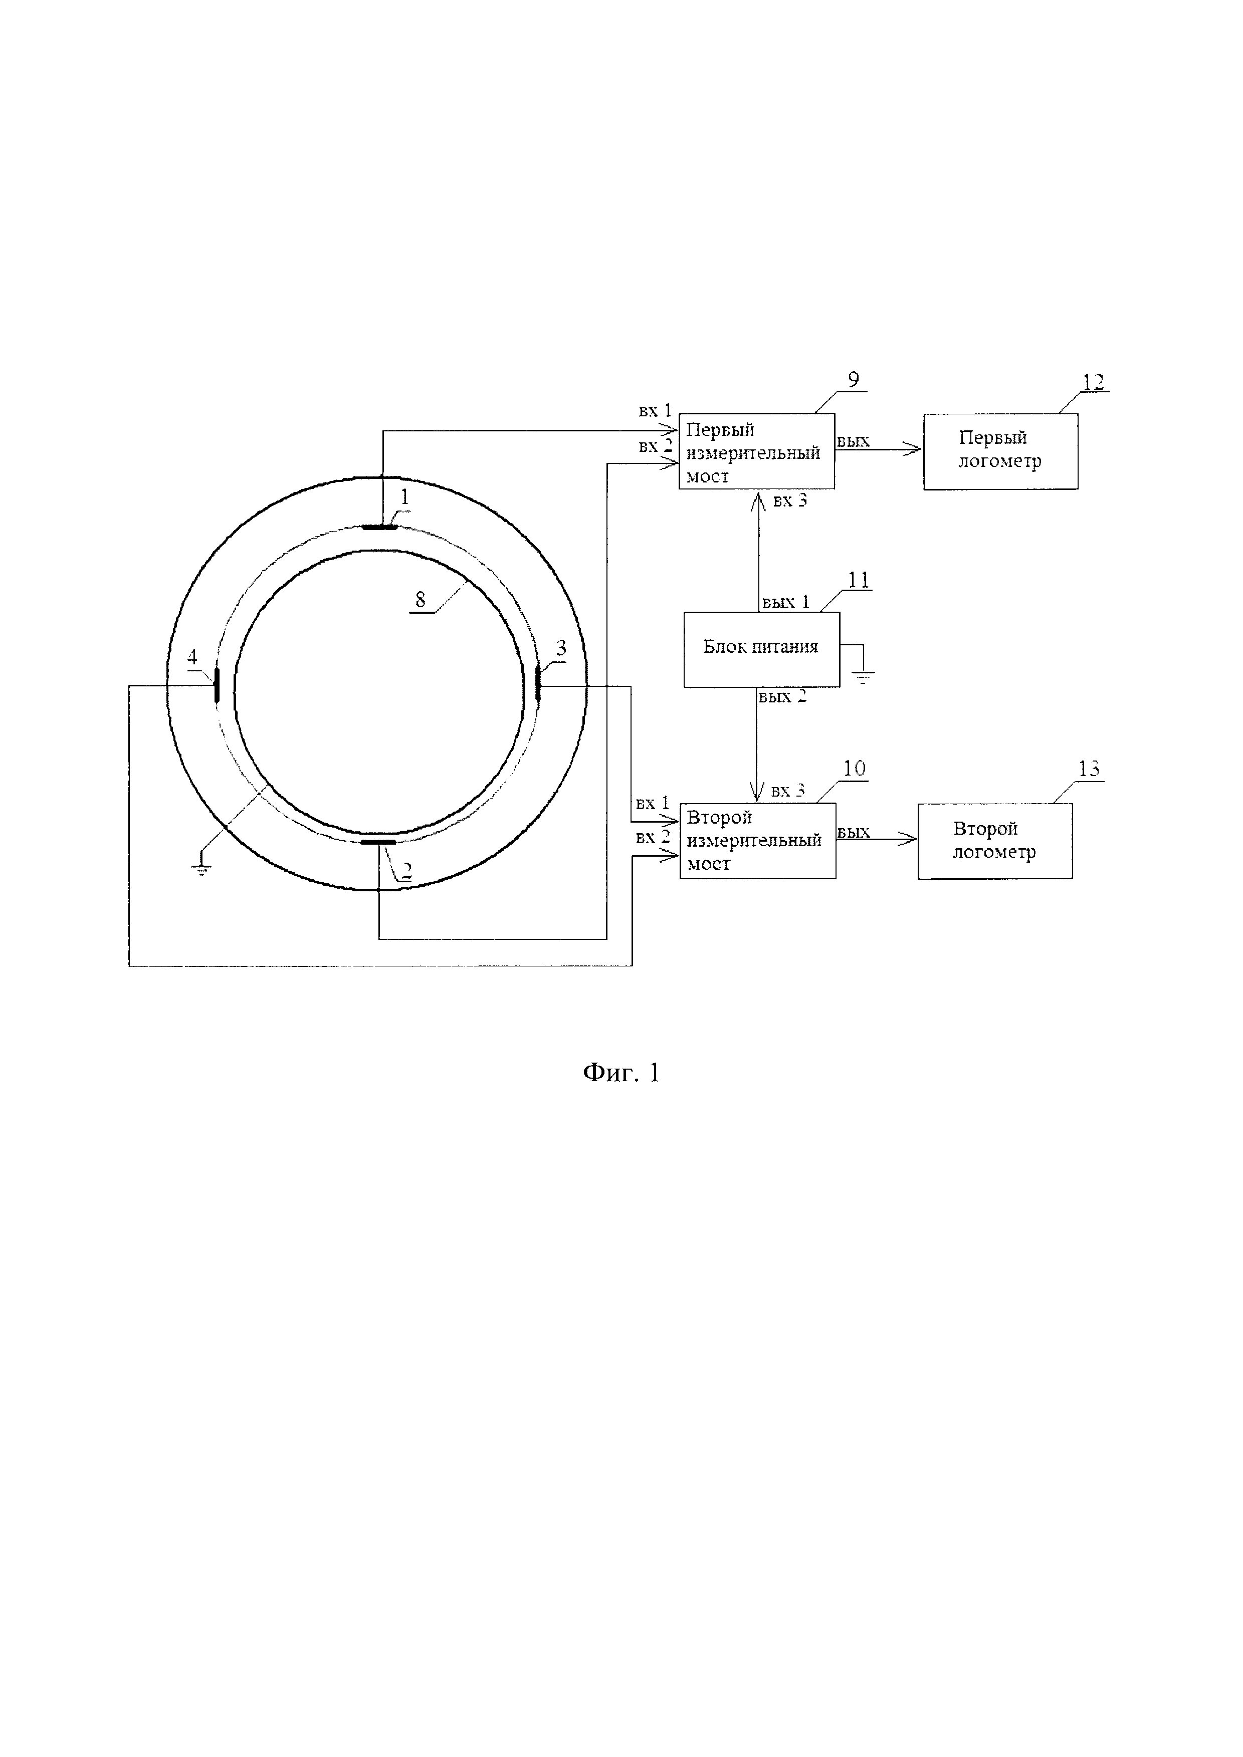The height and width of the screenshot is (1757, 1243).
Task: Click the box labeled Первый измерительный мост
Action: [756, 451]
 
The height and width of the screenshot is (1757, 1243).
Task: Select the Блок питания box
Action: [761, 649]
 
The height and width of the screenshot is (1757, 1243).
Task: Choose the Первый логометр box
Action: [1000, 451]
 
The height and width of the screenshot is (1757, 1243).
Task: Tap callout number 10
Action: [854, 769]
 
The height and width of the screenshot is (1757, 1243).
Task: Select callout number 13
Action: [1089, 769]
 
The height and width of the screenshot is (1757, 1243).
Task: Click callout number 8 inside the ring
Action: [420, 600]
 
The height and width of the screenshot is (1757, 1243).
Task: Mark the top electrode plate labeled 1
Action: [379, 527]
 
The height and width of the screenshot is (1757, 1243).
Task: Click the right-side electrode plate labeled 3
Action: [538, 683]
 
